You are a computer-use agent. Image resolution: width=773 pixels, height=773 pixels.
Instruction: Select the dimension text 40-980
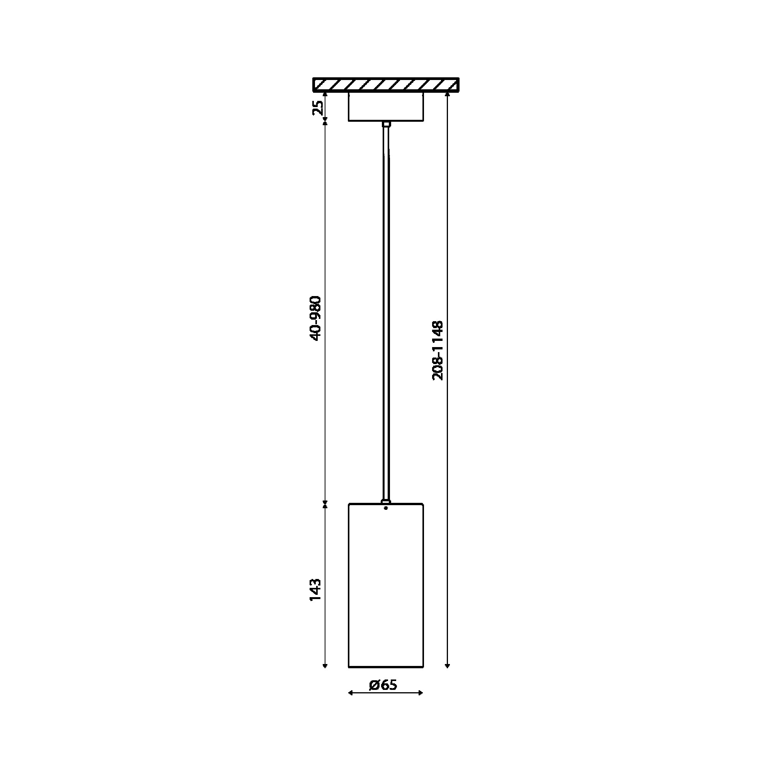(x=316, y=318)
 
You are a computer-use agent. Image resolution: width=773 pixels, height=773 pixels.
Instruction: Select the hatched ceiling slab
(x=386, y=84)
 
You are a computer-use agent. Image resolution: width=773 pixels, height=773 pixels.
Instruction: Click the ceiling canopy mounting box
(x=386, y=106)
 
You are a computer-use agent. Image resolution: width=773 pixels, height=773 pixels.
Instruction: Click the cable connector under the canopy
(x=386, y=124)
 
